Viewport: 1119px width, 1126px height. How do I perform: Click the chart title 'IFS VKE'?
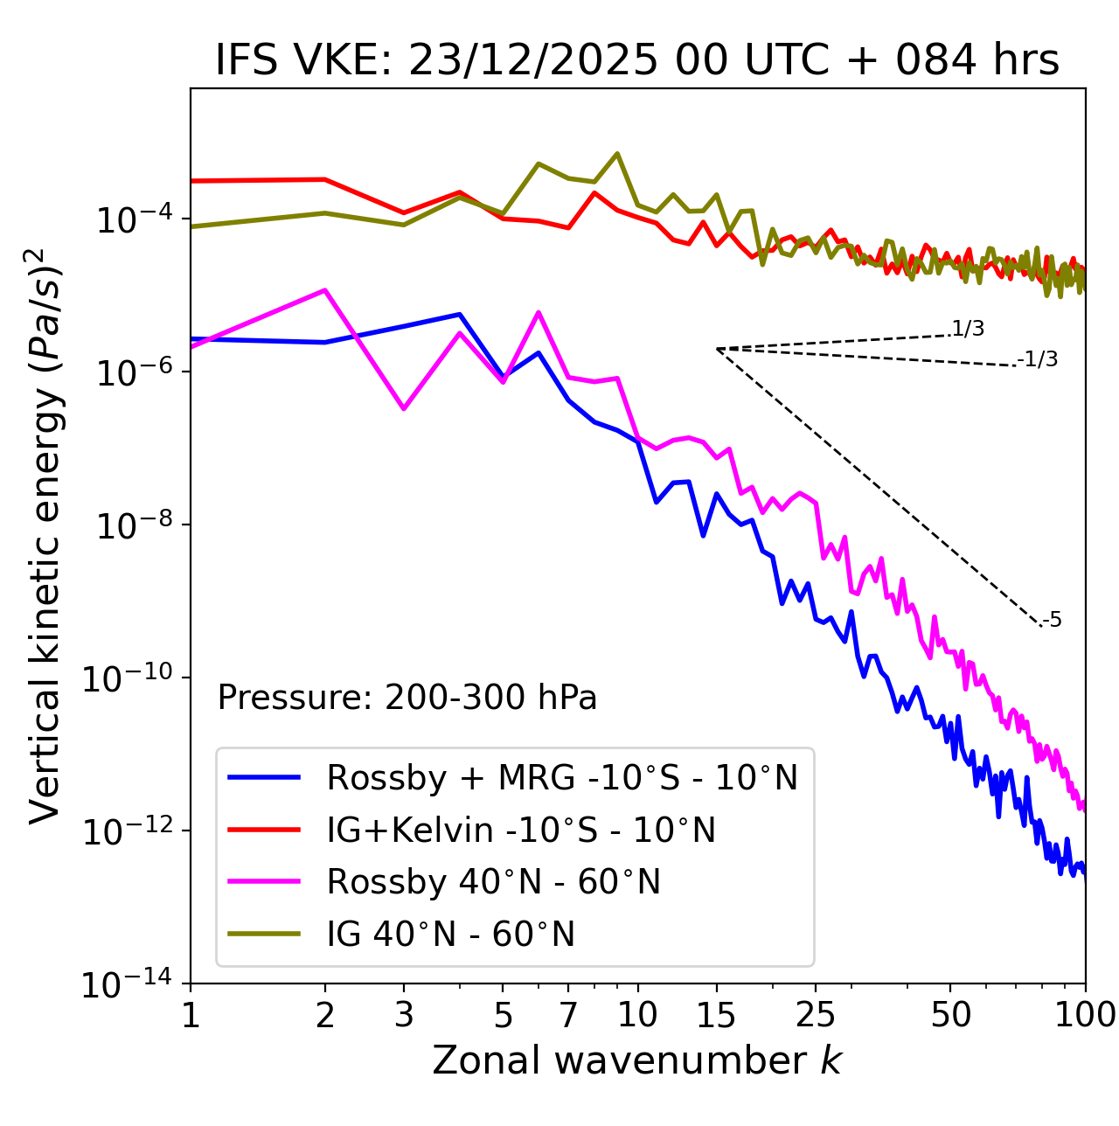tap(636, 61)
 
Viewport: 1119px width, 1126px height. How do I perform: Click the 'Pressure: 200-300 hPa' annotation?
tap(407, 698)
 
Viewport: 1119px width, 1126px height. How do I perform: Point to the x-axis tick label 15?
tap(716, 1014)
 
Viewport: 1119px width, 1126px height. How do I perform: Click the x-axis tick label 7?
tap(568, 1014)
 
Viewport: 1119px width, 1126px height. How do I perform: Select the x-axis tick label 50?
tap(950, 1014)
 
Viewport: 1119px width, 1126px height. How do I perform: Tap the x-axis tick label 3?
tap(404, 1014)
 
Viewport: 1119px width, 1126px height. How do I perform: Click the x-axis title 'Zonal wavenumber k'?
tap(636, 1060)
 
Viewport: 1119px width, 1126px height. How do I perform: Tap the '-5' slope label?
tap(1052, 621)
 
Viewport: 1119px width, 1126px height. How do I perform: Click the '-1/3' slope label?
tap(1038, 359)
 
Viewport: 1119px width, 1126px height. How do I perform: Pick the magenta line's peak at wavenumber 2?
tap(325, 290)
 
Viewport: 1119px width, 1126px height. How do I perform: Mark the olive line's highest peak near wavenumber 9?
tap(617, 154)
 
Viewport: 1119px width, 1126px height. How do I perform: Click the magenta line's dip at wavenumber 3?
tap(404, 408)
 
